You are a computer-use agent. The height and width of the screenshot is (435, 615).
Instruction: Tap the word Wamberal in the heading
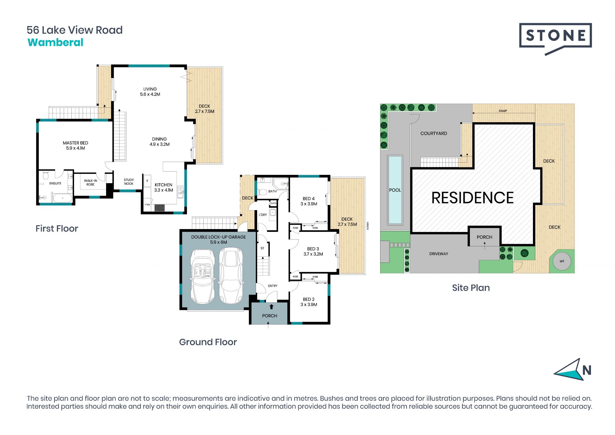(x=55, y=42)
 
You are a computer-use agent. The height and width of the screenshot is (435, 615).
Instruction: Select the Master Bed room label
(x=76, y=145)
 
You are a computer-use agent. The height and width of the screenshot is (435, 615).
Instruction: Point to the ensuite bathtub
(x=62, y=198)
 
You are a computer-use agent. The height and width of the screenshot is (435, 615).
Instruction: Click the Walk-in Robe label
(x=91, y=183)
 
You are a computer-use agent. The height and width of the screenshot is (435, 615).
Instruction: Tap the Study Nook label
(x=129, y=182)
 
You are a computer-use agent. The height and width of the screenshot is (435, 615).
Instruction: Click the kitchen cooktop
(x=160, y=208)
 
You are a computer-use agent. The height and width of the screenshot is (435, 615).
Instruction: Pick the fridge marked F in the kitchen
(x=147, y=181)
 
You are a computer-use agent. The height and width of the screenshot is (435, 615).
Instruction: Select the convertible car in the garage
(x=202, y=276)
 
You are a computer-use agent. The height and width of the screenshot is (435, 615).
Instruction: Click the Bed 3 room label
(x=313, y=251)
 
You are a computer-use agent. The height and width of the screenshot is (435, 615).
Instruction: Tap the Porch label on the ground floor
(x=270, y=316)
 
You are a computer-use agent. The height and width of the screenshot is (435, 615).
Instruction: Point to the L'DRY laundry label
(x=263, y=215)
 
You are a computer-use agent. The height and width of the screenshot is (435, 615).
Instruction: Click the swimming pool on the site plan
(x=395, y=190)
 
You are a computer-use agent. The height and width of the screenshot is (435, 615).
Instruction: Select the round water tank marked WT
(x=562, y=261)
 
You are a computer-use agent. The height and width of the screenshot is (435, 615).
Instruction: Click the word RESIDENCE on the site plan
(x=472, y=198)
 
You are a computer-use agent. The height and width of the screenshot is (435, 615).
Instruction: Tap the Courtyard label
(x=434, y=133)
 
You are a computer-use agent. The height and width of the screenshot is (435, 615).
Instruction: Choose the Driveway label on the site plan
(x=439, y=254)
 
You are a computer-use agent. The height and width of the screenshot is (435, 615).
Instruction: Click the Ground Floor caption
(x=208, y=342)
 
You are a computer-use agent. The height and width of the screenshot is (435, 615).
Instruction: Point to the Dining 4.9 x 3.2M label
(x=160, y=141)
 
